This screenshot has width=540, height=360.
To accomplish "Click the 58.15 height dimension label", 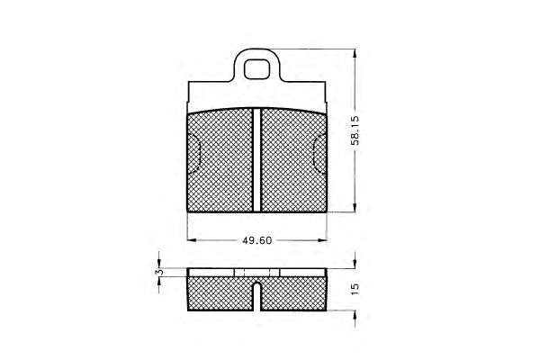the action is tap(355, 130).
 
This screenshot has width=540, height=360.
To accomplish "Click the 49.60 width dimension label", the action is tap(257, 240).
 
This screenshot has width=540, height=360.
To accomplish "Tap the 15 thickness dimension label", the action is tap(355, 289).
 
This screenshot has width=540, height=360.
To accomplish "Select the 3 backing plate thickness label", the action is tap(159, 272).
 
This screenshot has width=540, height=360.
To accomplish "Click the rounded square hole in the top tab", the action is tap(256, 69).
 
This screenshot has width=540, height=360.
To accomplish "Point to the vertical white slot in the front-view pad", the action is tap(256, 159).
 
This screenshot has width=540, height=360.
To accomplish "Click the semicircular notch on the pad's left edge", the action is tap(193, 154).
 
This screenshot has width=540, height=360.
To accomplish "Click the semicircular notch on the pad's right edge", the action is tap(320, 154).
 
